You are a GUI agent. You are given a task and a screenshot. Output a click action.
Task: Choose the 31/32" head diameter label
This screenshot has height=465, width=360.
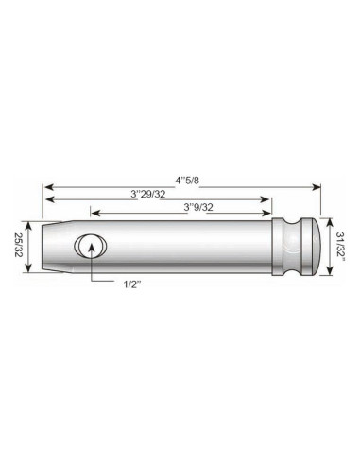(341, 247)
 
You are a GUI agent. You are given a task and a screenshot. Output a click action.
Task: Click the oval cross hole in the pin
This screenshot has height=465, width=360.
(92, 248)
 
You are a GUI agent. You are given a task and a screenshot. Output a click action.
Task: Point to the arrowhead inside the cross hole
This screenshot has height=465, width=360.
(92, 244)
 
